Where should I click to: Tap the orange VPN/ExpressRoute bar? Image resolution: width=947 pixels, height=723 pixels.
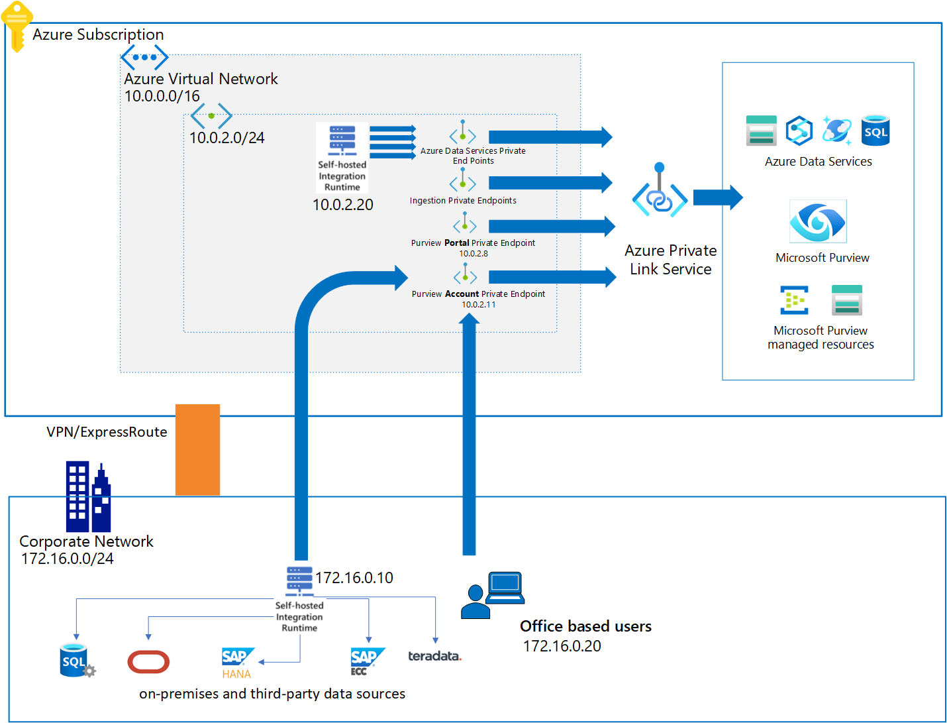[x=197, y=449]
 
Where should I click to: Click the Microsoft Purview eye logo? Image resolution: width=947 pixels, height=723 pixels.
[x=818, y=221]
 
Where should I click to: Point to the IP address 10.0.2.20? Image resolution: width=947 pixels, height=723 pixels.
[x=342, y=205]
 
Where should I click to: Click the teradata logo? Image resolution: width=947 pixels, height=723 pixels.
[x=434, y=656]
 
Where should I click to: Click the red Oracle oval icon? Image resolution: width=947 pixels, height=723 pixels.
[x=148, y=661]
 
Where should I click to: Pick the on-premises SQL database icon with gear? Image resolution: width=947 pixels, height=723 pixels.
[x=76, y=661]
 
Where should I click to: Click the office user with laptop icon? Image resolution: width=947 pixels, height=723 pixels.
[x=493, y=595]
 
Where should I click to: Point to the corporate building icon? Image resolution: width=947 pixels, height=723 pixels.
[x=87, y=497]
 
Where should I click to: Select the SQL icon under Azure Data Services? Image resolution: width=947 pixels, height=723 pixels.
[x=875, y=131]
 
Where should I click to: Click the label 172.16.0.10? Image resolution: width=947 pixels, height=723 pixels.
[x=354, y=578]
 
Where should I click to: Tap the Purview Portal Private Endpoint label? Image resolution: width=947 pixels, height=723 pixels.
[x=473, y=243]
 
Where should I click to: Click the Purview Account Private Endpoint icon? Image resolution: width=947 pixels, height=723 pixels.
[x=465, y=274]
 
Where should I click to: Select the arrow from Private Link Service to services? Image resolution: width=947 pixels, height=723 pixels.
[x=718, y=197]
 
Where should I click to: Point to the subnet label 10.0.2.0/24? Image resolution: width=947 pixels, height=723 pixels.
[x=226, y=138]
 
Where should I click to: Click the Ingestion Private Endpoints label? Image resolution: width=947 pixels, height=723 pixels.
[x=463, y=201]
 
